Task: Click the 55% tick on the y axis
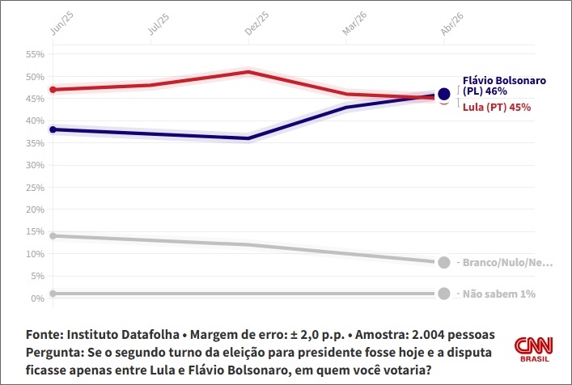tap(35, 54)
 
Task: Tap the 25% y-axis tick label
tap(35, 188)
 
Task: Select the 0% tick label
tap(37, 298)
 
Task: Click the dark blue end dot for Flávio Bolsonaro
tap(443, 94)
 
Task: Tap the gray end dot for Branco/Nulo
tap(443, 262)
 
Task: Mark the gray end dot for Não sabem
tap(443, 294)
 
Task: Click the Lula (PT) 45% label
tap(496, 108)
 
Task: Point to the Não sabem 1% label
tap(498, 294)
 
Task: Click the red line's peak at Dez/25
tap(248, 72)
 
